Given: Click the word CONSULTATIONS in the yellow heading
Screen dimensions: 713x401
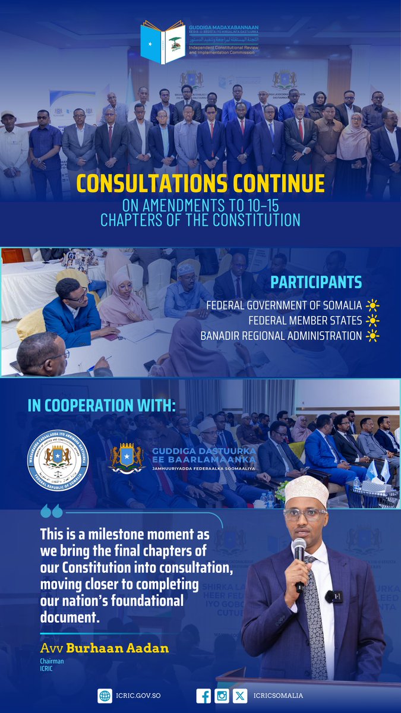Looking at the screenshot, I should click(143, 184).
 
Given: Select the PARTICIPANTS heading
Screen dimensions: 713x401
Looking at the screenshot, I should click(324, 282).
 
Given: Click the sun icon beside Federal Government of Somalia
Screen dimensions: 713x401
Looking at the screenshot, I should click(372, 306).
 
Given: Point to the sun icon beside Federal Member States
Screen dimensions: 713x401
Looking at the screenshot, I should click(372, 321).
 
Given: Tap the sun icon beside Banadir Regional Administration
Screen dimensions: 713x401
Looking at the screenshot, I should click(372, 336).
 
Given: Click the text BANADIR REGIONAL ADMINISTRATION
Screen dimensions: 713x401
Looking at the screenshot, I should click(281, 336).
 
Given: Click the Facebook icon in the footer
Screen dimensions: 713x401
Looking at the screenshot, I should click(203, 696).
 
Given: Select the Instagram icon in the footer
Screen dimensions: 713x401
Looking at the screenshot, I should click(221, 696).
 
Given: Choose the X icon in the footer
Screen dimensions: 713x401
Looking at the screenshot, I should click(239, 696).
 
